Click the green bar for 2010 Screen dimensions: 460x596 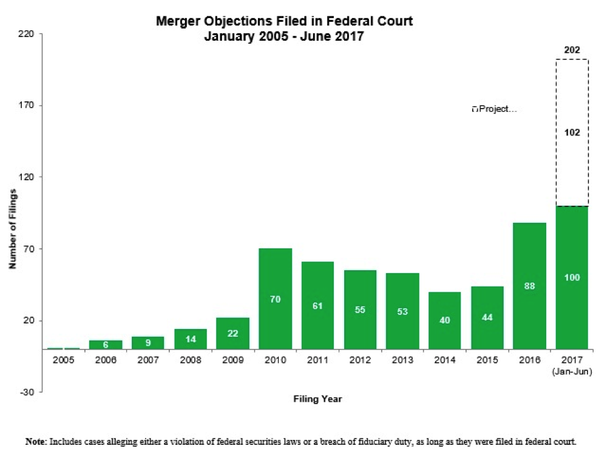(x=275, y=299)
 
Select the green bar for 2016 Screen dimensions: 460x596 (x=529, y=286)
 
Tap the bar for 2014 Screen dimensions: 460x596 (x=445, y=320)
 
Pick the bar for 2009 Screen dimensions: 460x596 (x=232, y=333)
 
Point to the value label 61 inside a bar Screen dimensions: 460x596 (x=317, y=306)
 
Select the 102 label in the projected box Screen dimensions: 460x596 (x=572, y=132)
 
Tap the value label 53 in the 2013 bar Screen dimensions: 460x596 (x=402, y=312)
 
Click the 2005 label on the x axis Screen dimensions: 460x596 (x=64, y=360)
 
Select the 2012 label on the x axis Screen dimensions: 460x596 (x=360, y=360)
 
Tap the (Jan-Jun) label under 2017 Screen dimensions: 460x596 (x=572, y=371)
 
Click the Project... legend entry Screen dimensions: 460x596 (x=495, y=110)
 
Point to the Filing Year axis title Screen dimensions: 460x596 (x=317, y=399)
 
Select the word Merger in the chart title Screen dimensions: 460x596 (x=177, y=21)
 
